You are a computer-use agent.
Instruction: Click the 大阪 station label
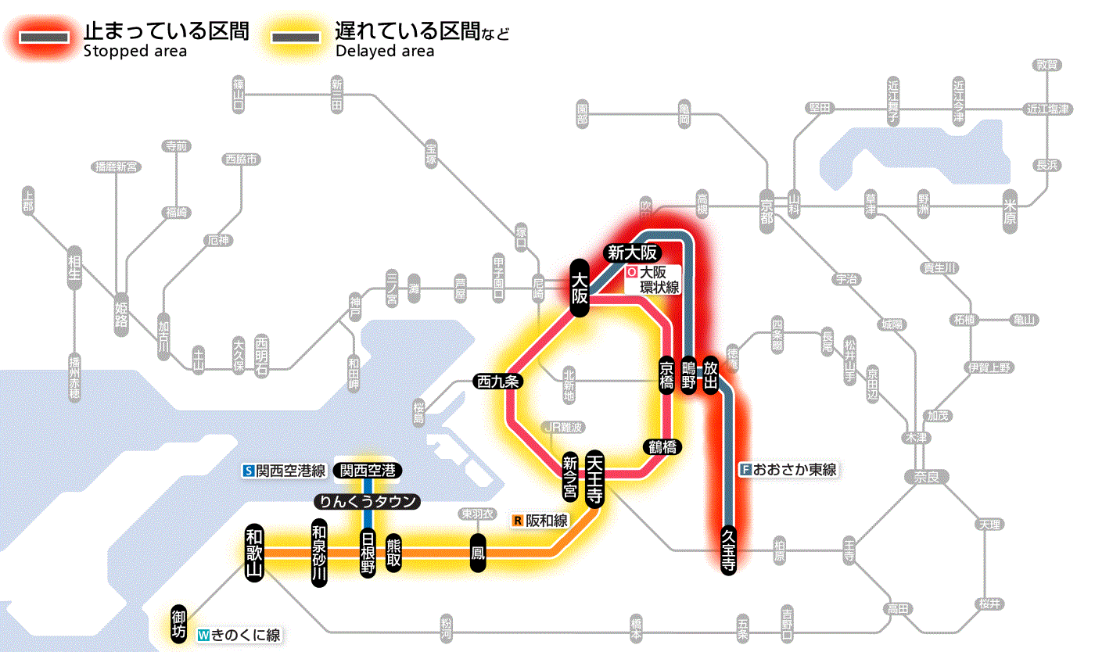point(579,288)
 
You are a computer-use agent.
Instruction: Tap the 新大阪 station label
point(633,253)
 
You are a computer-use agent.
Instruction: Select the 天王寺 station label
point(595,478)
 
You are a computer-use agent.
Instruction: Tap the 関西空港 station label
point(367,471)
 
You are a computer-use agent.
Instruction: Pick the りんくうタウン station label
point(367,501)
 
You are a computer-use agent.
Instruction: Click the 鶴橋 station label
point(662,447)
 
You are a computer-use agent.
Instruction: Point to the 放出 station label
point(711,374)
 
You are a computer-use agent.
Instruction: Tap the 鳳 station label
point(477,553)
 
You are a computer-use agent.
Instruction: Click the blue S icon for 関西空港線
point(249,471)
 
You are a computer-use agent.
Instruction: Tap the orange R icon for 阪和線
point(517,520)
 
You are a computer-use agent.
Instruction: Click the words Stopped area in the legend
point(135,52)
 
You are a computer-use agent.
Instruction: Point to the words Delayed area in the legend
point(385,52)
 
